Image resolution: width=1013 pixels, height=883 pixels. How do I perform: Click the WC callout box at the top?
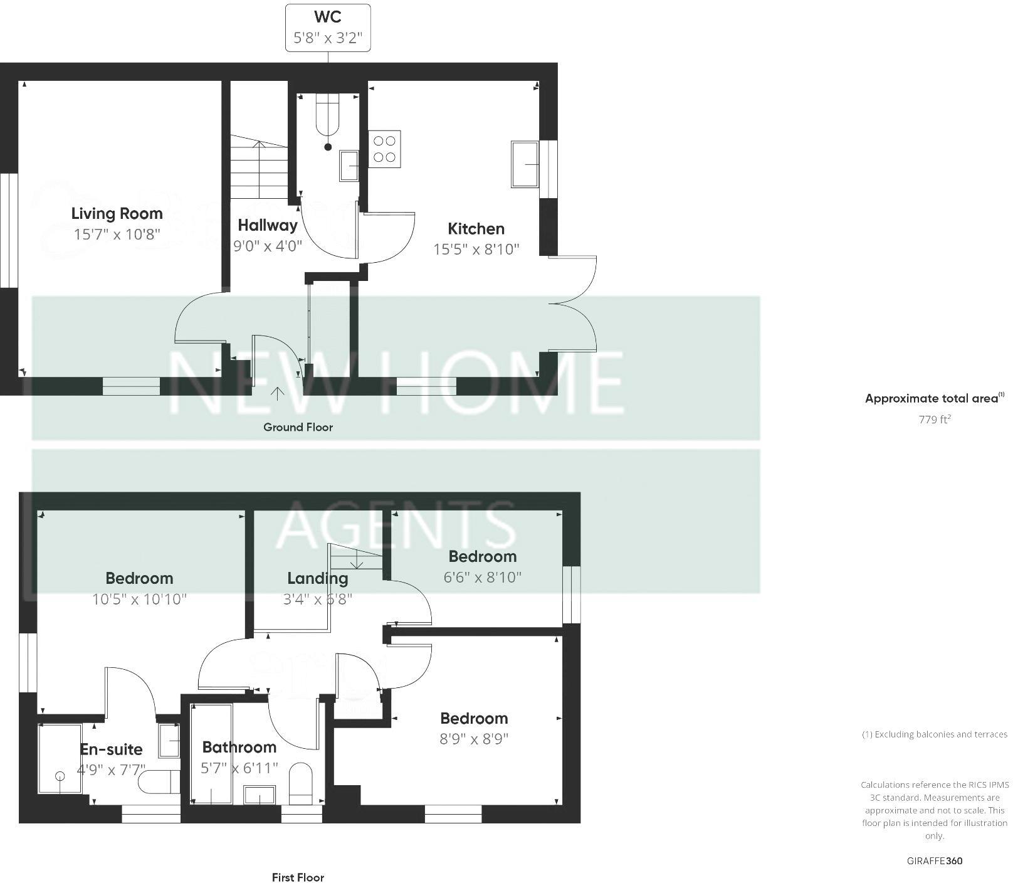point(328,27)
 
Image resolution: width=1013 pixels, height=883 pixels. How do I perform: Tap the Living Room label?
point(117,213)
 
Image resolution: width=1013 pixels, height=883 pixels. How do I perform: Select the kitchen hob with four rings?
point(384,149)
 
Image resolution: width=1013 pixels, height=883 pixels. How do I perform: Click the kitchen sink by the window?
point(525,164)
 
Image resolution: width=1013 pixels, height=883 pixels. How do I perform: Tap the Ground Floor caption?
point(298,427)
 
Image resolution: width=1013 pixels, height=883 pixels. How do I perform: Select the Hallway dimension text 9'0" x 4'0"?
point(268,246)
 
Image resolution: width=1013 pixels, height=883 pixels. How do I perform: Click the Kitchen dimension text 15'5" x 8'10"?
point(476,250)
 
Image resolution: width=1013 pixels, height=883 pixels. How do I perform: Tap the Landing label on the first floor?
point(317,578)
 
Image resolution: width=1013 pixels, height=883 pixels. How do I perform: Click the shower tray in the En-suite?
point(60,759)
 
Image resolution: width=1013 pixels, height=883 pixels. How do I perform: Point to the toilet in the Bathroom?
point(301,783)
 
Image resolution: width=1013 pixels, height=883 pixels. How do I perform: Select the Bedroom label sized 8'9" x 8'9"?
point(474,718)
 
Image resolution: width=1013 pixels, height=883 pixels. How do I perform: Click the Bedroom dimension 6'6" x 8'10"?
point(483,577)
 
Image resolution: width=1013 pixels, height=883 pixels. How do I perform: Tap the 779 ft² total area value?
point(934,420)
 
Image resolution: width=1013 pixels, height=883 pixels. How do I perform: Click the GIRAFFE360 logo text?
point(934,860)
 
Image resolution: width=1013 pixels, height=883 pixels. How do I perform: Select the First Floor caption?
point(298,877)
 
